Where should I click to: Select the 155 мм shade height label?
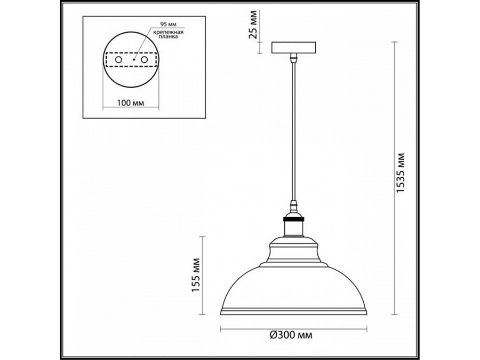(196, 275)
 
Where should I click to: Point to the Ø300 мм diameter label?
(291, 335)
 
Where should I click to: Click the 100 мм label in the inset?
(130, 102)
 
